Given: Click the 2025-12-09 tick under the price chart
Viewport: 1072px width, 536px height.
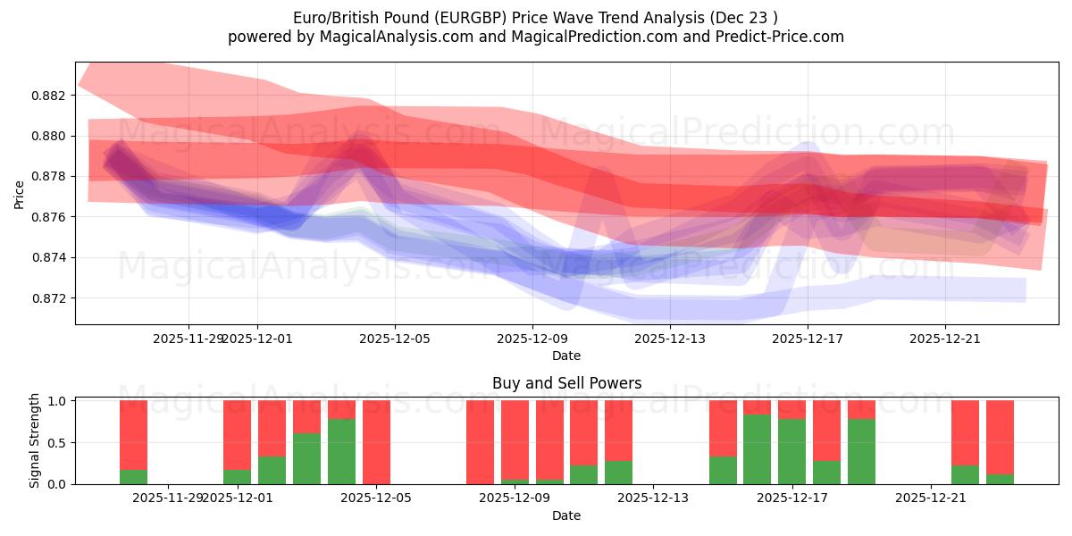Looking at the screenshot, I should [x=532, y=339].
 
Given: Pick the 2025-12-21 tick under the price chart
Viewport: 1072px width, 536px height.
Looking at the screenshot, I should [x=945, y=339].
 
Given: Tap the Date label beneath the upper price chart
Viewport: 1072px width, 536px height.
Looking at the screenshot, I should [x=565, y=356].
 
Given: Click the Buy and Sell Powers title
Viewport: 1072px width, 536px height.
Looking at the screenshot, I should [x=566, y=383].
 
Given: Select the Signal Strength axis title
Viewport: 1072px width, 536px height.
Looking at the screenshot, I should [x=35, y=440].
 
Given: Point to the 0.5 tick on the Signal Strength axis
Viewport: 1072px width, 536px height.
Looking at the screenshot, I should [x=55, y=443].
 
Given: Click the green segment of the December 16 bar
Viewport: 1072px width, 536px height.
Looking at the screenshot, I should [x=757, y=449].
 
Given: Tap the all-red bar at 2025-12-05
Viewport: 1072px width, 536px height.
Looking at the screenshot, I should [x=376, y=442].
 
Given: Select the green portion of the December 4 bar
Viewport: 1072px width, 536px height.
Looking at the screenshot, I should [x=341, y=452].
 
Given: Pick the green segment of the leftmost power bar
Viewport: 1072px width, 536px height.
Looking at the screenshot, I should [x=133, y=477].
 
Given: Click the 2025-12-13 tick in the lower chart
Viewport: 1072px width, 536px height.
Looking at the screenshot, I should [x=653, y=498].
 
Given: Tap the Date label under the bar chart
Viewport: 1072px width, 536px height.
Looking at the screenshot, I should [x=565, y=515].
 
